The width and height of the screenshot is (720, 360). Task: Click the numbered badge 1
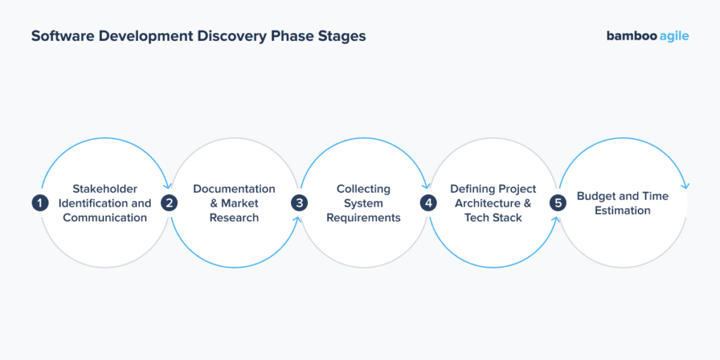(40, 203)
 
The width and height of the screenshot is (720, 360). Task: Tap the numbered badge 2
(169, 203)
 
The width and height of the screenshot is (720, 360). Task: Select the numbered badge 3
(300, 203)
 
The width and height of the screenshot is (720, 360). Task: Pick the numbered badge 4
(428, 203)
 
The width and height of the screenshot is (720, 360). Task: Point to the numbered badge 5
(558, 203)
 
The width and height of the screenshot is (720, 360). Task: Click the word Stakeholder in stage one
(105, 189)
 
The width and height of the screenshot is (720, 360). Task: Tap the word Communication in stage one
(105, 218)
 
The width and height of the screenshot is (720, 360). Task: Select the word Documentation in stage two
(234, 189)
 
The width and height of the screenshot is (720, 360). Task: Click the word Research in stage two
(234, 218)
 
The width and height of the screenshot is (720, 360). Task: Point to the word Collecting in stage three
(363, 189)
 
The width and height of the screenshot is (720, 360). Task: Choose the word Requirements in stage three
(363, 218)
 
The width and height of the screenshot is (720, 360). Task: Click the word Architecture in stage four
(487, 203)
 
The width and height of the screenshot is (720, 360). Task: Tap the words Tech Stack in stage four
(493, 218)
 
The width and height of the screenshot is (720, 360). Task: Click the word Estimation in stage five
(622, 211)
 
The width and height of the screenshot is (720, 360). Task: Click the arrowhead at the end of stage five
(686, 186)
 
